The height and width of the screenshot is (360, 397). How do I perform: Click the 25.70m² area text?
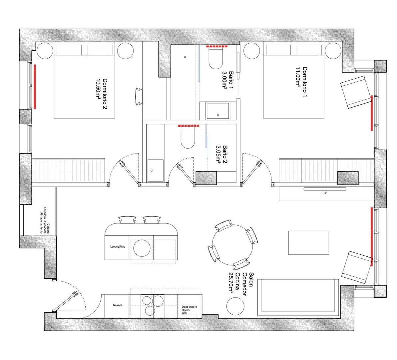231,283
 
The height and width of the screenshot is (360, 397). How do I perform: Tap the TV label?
325,193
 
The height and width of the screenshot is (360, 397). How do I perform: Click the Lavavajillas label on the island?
118,247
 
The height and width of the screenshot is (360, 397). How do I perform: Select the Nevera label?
118,305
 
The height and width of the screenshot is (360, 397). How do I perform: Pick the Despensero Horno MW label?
189,310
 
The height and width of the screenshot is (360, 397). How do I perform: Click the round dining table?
232,245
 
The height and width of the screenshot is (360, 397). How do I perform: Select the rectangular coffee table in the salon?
309,242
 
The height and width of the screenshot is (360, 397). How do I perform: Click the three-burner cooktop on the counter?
153,306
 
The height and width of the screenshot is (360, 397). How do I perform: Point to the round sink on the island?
142,248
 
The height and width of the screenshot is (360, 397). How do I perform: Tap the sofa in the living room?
298,297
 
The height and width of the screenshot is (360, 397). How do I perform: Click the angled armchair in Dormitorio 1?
355,91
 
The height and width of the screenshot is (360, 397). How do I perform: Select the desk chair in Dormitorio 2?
139,96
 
